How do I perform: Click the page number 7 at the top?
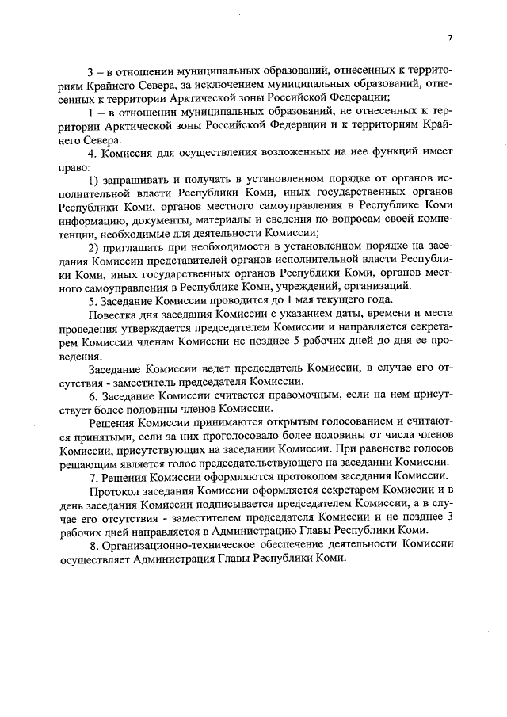(x=449, y=37)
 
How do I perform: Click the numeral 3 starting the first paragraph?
(x=90, y=68)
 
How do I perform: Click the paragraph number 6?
(x=92, y=396)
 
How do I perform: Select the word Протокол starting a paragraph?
(x=113, y=496)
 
